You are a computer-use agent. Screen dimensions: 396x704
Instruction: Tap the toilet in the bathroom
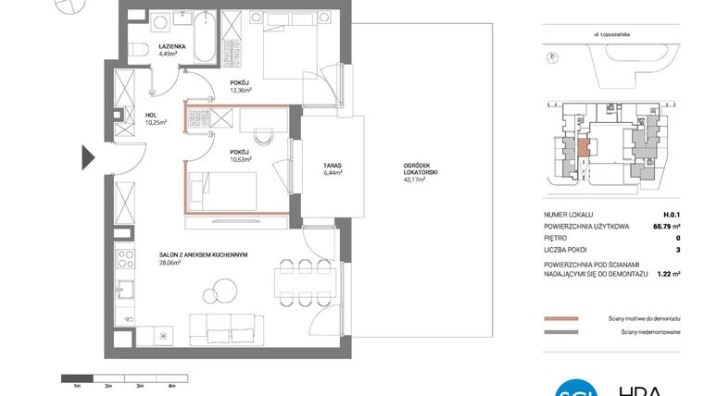(137, 51)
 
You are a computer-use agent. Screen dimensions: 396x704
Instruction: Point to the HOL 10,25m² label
(154, 119)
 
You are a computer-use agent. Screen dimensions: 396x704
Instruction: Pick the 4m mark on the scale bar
(170, 384)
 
